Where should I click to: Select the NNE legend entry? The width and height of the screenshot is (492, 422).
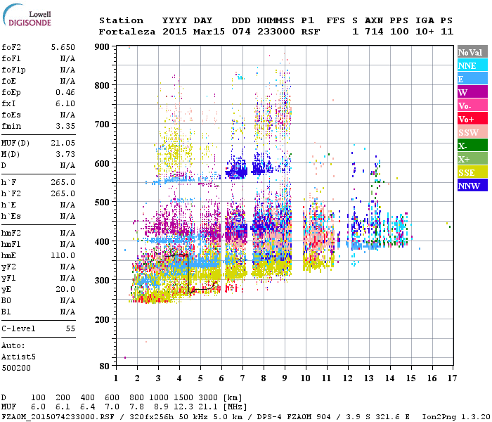pos(472,65)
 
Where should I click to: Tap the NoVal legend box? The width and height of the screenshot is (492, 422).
pos(472,52)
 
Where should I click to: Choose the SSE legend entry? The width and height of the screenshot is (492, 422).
pos(472,173)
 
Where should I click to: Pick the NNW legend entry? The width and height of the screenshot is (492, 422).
pos(472,186)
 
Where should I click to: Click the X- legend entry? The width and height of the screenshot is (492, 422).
pos(472,146)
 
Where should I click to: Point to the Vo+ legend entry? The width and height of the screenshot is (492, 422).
pos(472,120)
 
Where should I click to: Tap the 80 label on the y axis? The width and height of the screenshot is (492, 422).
pos(103,366)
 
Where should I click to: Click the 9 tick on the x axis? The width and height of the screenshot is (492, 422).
pos(285,378)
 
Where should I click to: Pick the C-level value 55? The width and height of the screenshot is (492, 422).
pos(70,328)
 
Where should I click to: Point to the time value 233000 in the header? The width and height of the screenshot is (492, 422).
pos(276,32)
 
